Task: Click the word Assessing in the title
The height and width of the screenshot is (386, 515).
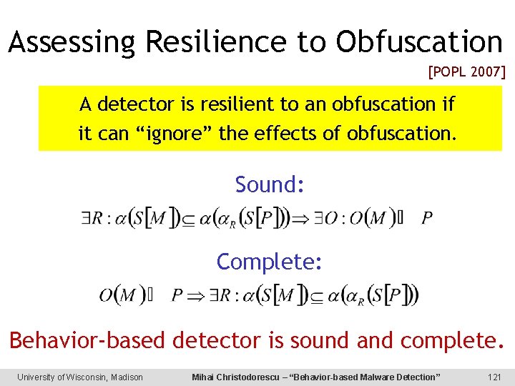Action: (x=72, y=42)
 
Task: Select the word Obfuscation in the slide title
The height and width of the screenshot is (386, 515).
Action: (x=420, y=42)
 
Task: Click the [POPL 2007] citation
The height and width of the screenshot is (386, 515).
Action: (x=466, y=71)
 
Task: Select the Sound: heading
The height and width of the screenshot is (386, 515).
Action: (x=270, y=184)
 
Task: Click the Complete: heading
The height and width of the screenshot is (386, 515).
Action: (x=270, y=262)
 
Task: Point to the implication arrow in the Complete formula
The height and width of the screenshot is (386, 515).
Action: (x=196, y=295)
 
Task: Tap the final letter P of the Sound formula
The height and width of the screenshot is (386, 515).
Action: (x=427, y=217)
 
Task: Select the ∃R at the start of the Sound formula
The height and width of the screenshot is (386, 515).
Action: (x=90, y=217)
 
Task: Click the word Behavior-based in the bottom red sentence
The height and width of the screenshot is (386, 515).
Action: (x=87, y=340)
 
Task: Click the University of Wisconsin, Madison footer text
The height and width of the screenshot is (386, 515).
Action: (x=80, y=377)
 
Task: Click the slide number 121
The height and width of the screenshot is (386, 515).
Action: (x=493, y=377)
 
